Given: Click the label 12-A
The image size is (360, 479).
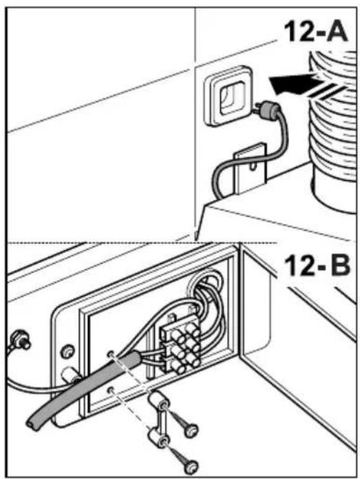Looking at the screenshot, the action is [x=316, y=32].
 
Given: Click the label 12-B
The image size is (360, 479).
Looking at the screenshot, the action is [x=317, y=266].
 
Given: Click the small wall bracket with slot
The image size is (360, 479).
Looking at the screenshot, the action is [x=250, y=169].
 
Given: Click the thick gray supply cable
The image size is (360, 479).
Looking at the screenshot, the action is [x=83, y=391].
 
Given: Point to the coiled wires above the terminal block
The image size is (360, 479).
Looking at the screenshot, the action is [x=208, y=293].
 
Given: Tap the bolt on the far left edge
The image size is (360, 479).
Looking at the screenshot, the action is [x=19, y=340].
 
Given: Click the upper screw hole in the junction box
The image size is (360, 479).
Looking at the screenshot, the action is [x=111, y=354].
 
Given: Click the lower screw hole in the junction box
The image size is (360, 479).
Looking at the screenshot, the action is [x=111, y=390].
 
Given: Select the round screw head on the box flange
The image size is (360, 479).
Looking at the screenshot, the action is [x=68, y=351].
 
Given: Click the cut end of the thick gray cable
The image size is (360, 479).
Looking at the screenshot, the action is [x=32, y=424].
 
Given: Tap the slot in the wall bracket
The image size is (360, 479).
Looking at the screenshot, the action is [x=252, y=167].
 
